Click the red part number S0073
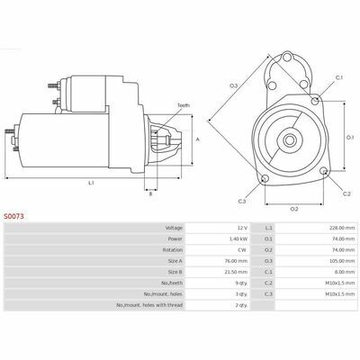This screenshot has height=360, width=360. [x=13, y=216]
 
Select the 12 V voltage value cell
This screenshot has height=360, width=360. [x=242, y=228]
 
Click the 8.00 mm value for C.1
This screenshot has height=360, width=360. [x=346, y=272]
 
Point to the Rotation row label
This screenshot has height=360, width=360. [x=173, y=250]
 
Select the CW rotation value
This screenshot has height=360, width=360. [x=243, y=250]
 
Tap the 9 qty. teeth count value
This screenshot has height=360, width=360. [x=241, y=283]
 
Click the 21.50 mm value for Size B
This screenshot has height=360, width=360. [x=238, y=272]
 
